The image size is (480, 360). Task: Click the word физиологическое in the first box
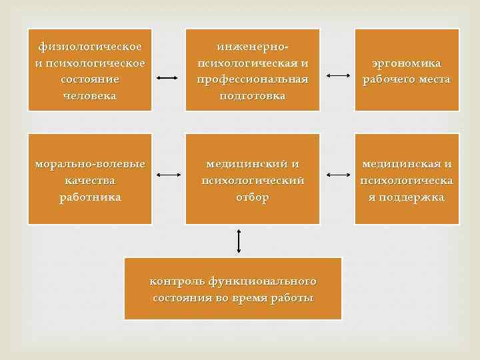click(89, 47)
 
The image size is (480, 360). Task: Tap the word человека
click(90, 95)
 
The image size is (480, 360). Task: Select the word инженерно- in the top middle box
click(253, 47)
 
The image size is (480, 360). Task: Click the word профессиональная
click(253, 79)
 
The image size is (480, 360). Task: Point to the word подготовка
click(253, 95)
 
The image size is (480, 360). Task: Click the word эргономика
click(407, 63)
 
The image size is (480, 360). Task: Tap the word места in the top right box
click(431, 79)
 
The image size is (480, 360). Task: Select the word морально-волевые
click(89, 164)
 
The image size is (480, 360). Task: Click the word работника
click(89, 197)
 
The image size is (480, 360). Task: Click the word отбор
click(253, 197)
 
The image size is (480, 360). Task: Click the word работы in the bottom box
click(292, 297)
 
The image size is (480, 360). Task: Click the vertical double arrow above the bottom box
click(238, 241)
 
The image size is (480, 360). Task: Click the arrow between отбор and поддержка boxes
click(338, 175)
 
